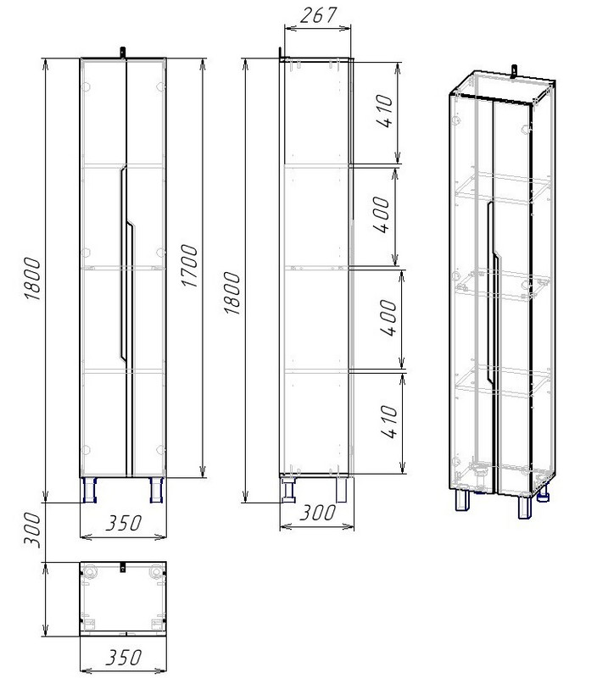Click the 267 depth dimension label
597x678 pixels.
click(318, 16)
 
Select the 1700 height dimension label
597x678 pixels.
click(189, 266)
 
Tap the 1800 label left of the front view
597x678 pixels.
click(32, 279)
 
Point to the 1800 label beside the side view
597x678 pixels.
click(232, 293)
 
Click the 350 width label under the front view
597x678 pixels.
click(123, 523)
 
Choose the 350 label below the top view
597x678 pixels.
click(123, 658)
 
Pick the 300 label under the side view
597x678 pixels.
click(317, 513)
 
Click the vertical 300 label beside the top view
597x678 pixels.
click(32, 531)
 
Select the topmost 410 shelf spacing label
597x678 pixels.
click(385, 111)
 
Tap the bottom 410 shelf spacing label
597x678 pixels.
click(389, 421)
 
